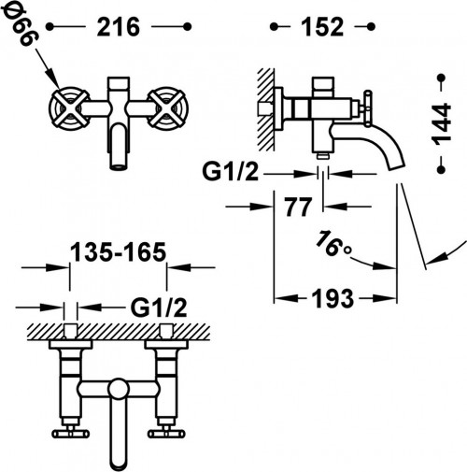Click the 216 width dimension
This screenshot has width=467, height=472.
tap(119, 27)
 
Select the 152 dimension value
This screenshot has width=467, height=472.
tap(322, 27)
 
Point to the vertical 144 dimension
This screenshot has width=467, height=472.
tap(442, 124)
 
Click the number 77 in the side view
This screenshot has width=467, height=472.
tap(298, 207)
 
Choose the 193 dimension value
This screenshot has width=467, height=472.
tap(333, 298)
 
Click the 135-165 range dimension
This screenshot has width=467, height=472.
tap(119, 251)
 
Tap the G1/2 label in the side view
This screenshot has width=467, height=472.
tap(231, 171)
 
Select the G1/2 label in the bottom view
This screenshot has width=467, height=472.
tap(159, 308)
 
